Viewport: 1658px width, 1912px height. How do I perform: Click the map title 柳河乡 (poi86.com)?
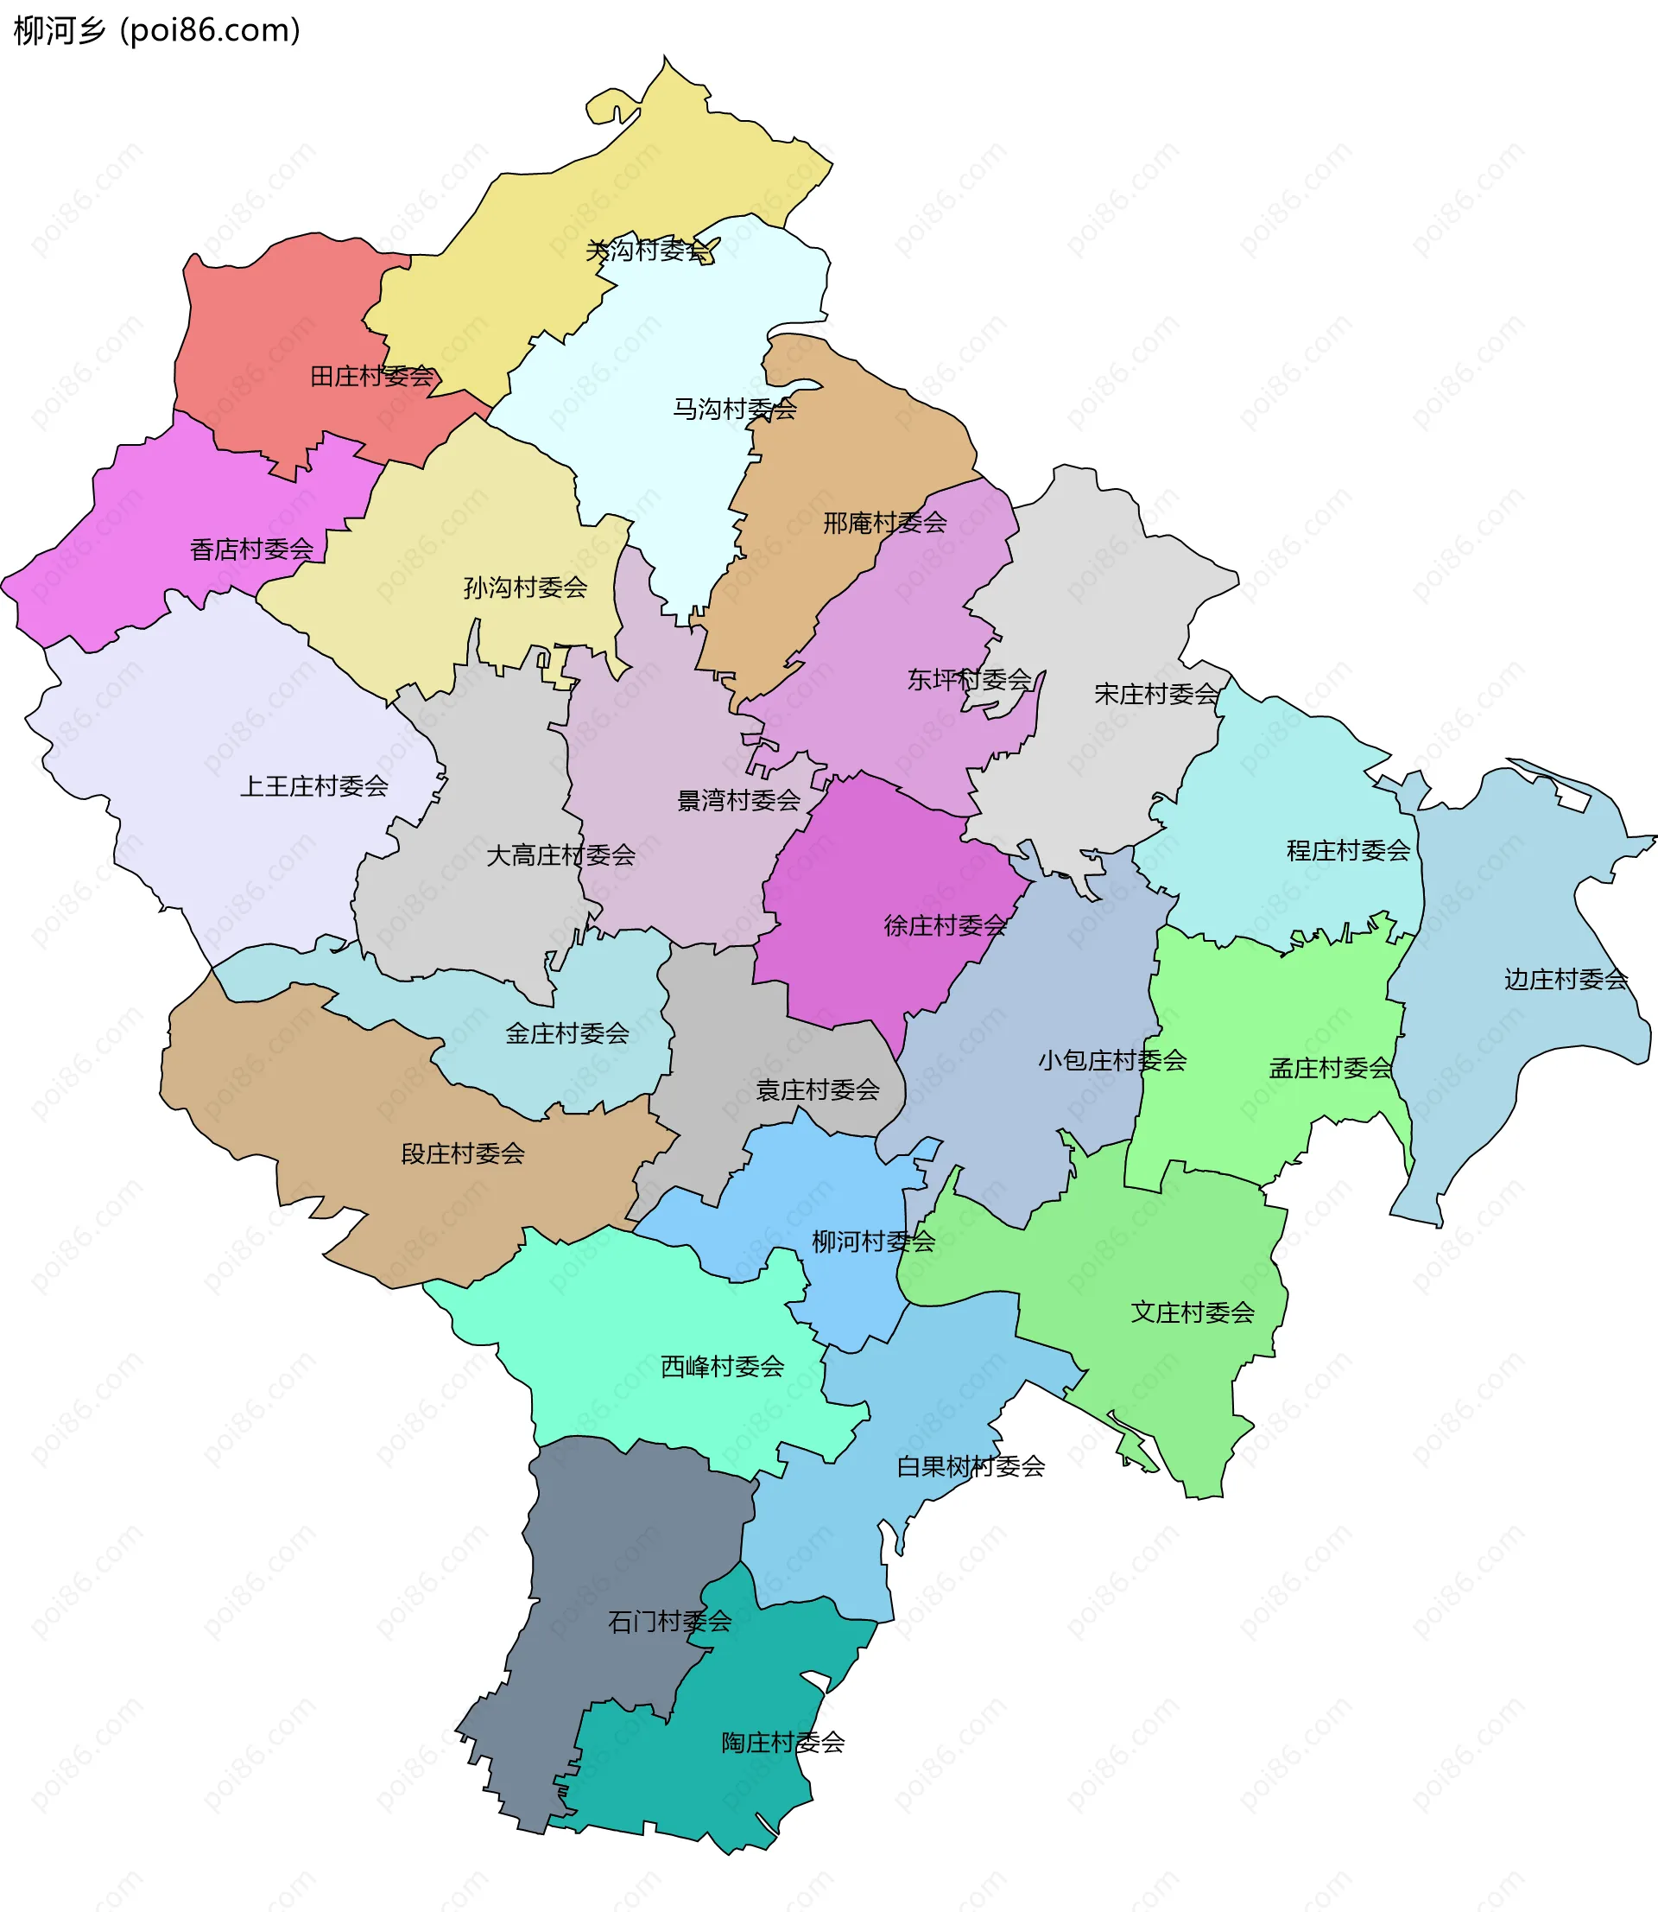[x=157, y=30]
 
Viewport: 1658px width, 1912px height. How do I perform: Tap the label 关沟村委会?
[x=648, y=250]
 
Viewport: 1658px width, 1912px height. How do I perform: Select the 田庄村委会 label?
[x=371, y=376]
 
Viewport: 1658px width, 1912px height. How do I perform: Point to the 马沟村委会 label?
[x=735, y=408]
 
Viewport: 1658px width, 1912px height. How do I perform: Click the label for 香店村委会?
[x=251, y=549]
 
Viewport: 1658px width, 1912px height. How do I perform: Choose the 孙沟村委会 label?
[x=526, y=587]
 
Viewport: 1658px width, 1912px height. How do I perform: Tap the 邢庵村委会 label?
[x=884, y=523]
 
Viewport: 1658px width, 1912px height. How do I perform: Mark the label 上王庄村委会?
[x=313, y=785]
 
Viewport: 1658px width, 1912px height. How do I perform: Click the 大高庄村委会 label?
[x=560, y=855]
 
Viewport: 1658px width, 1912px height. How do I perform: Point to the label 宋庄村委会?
[x=1156, y=693]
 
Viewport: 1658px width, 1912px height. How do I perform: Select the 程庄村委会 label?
[x=1348, y=850]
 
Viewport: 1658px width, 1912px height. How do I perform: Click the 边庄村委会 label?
[x=1566, y=979]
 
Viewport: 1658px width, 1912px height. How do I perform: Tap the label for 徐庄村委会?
[x=945, y=924]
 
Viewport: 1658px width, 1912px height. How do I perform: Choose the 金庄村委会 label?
[x=567, y=1032]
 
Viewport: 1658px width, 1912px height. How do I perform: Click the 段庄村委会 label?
[x=463, y=1153]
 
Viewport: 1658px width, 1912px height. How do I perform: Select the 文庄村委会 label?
[x=1193, y=1312]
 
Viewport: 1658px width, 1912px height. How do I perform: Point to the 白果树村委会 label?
[x=971, y=1466]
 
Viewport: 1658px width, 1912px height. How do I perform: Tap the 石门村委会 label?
[x=670, y=1622]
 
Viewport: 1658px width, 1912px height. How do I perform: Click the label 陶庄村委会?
[x=782, y=1743]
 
